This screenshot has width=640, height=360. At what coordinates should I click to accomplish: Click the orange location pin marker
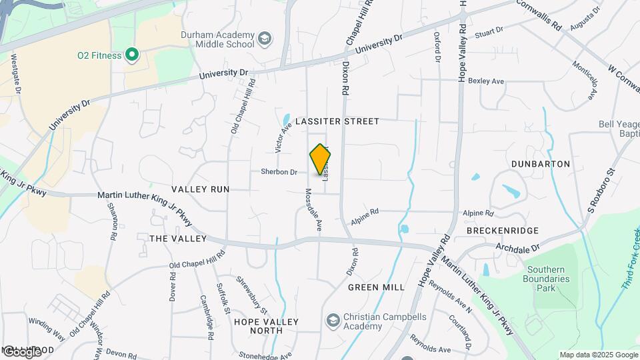point(320,159)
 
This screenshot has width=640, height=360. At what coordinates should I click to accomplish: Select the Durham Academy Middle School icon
point(265,39)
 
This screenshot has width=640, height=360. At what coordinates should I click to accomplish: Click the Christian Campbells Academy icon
point(332,321)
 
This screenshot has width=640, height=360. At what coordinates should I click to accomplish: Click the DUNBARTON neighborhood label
point(540,164)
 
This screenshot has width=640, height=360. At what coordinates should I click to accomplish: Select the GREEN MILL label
point(376,287)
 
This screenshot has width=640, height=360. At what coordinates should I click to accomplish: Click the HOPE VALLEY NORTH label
point(266,327)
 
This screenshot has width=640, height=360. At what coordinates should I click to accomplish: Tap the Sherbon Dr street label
point(278,172)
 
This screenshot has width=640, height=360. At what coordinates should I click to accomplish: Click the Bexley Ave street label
point(486,81)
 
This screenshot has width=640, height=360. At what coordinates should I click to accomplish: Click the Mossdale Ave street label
point(313,209)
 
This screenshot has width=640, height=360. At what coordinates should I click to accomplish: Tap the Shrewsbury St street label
point(251,297)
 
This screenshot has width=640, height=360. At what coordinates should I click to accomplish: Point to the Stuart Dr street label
point(488,31)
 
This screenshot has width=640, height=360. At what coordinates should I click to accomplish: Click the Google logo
point(21,351)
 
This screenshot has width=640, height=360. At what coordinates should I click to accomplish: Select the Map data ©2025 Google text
point(598,355)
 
